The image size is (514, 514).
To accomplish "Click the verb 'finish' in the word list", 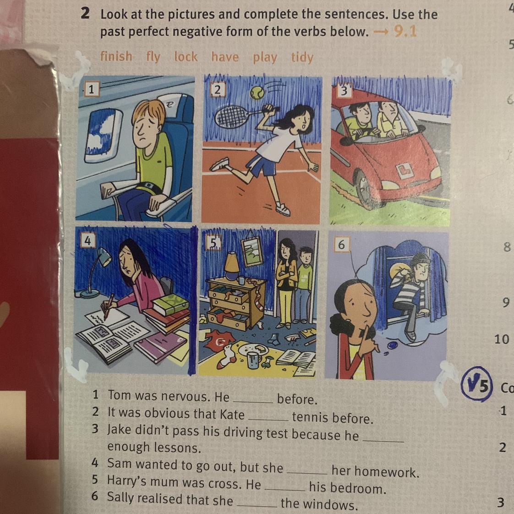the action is click(116, 56).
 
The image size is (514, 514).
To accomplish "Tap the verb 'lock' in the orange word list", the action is click(186, 57).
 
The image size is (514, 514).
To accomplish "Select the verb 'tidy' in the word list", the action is click(302, 57).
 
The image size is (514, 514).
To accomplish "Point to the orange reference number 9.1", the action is click(405, 32).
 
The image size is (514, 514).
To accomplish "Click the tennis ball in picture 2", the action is click(257, 93).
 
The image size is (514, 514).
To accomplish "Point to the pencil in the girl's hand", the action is click(109, 306).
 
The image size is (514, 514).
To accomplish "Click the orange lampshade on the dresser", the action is click(232, 261).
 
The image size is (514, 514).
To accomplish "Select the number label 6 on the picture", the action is click(341, 245).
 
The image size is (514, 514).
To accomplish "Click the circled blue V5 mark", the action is click(477, 384).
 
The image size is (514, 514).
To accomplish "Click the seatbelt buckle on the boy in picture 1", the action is click(149, 186).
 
